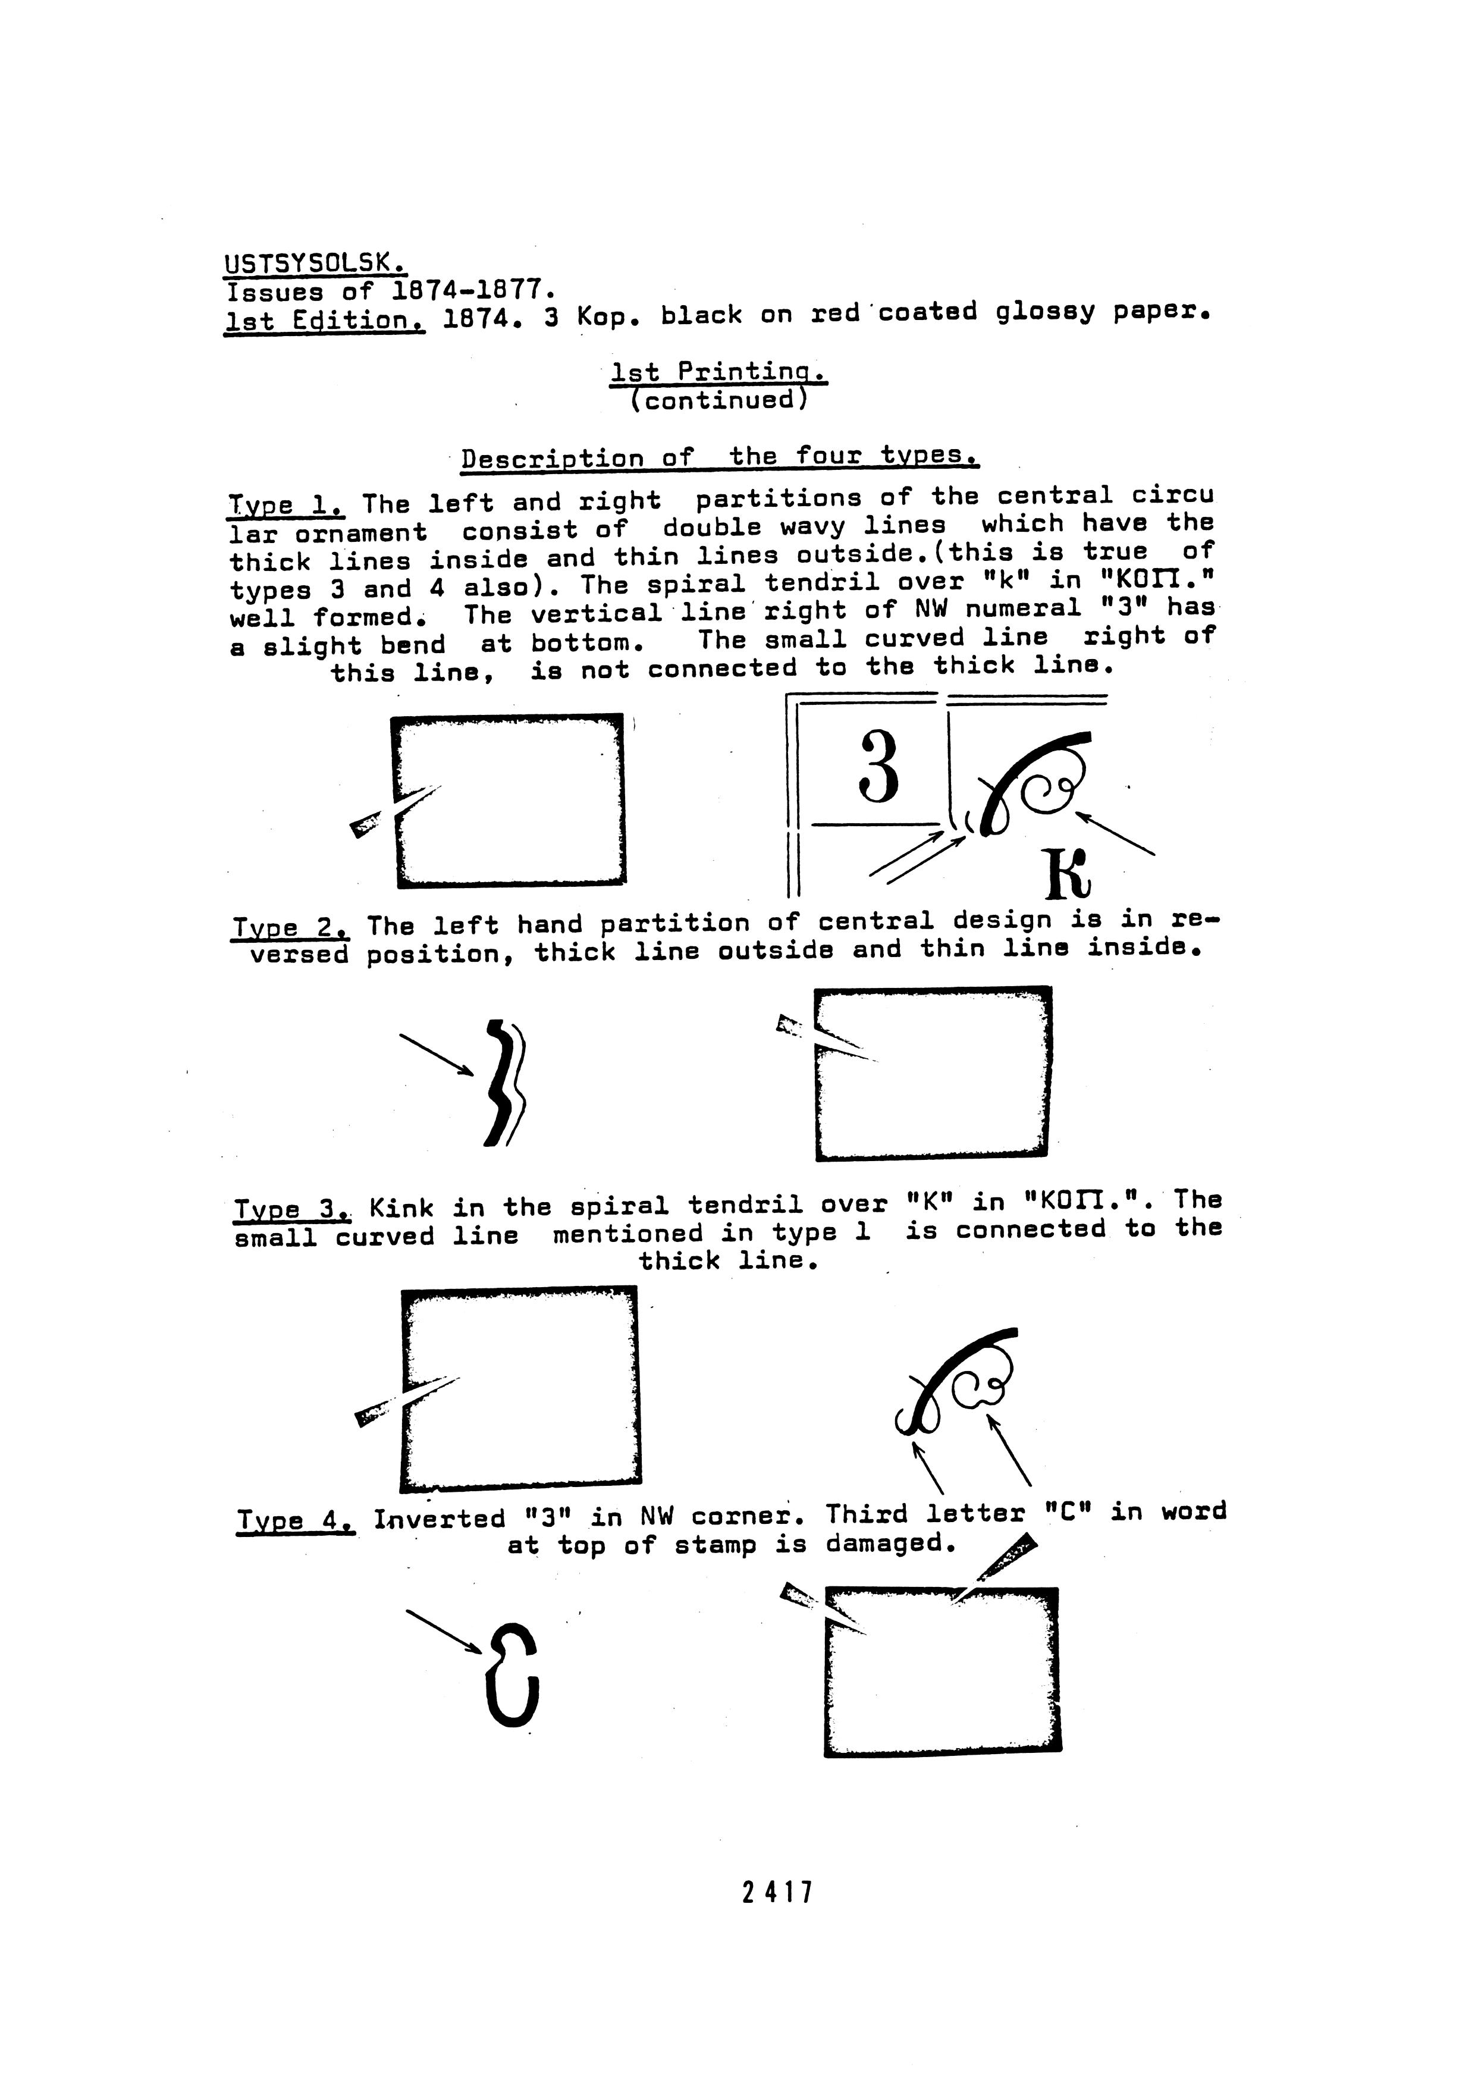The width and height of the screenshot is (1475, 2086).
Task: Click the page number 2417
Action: click(x=777, y=1893)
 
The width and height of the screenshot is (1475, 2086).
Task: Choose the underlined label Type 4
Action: click(x=294, y=1519)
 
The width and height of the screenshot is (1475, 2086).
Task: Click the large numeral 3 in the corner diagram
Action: click(x=878, y=768)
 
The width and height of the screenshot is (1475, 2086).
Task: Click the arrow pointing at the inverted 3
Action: click(x=443, y=1632)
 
